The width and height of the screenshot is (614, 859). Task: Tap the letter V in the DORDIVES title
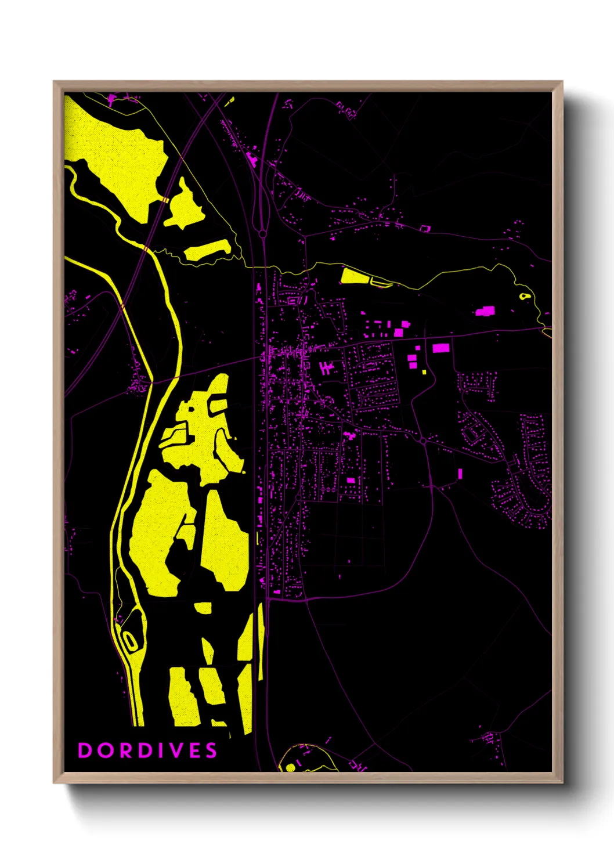[178, 750]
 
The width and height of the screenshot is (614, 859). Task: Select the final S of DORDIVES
[211, 750]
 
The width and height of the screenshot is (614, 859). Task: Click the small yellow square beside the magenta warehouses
[425, 372]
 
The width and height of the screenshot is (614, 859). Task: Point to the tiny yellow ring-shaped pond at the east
[525, 297]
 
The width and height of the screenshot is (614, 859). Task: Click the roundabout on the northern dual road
[262, 234]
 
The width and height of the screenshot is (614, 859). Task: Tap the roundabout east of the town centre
[424, 441]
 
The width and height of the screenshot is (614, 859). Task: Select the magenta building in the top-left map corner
[111, 100]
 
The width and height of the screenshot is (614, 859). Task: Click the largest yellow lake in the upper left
[119, 160]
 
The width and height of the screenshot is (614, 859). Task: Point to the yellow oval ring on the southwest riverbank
[130, 640]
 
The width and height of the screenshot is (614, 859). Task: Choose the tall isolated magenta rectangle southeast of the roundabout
[460, 474]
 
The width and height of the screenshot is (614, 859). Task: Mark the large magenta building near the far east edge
[485, 311]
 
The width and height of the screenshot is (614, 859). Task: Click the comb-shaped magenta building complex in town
[327, 368]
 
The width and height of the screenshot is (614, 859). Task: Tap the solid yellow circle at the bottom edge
[291, 767]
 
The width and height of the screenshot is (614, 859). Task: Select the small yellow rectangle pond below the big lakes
[203, 607]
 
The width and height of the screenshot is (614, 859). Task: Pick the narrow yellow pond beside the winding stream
[207, 250]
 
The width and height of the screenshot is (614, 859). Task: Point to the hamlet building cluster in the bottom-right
[489, 738]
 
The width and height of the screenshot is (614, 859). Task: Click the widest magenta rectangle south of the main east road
[441, 348]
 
